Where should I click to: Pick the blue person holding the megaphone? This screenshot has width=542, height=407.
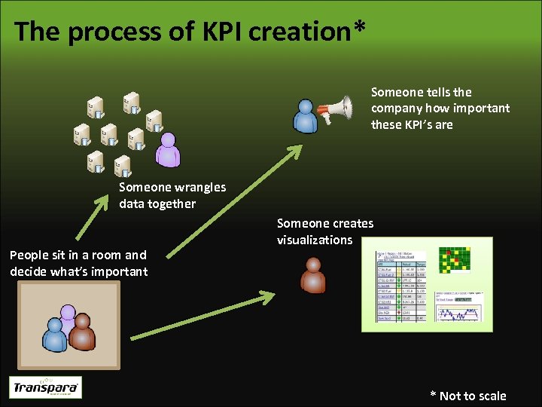[x=306, y=116]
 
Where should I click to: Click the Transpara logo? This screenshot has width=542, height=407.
[x=45, y=387]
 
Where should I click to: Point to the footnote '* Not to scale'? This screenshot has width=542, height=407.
[x=467, y=396]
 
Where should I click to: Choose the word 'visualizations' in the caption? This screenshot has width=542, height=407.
[x=315, y=240]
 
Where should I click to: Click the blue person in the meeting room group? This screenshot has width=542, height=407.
[x=54, y=335]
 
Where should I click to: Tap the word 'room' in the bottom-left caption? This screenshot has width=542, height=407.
[x=107, y=255]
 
